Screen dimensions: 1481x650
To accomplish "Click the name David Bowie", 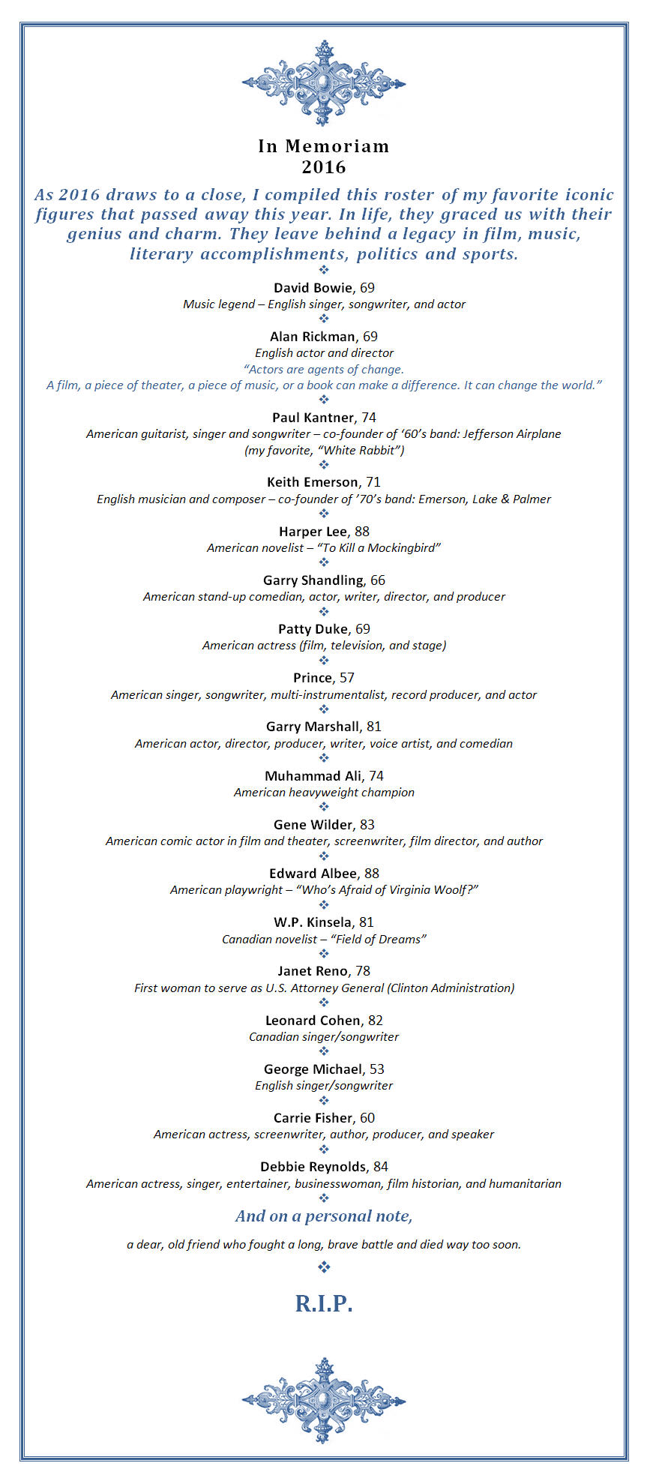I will click(x=312, y=288).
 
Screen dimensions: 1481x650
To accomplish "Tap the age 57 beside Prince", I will click(x=346, y=678).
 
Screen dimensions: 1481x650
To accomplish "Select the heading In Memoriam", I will click(x=324, y=146).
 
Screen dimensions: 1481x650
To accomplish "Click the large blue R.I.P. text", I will click(x=324, y=1303).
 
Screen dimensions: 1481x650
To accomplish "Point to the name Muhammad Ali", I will click(x=313, y=776).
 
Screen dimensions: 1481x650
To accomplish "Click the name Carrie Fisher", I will click(x=313, y=1118).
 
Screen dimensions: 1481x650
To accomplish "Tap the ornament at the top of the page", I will click(x=324, y=82).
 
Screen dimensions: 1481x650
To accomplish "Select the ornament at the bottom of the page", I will click(x=324, y=1400).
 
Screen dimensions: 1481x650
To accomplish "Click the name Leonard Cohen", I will click(x=313, y=1021).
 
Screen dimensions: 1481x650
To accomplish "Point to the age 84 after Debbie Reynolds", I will click(x=381, y=1167).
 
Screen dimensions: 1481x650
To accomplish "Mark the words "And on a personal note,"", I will click(x=324, y=1216).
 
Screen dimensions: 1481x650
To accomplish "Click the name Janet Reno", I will click(x=313, y=971).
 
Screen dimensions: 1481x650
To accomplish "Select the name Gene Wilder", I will click(x=313, y=825).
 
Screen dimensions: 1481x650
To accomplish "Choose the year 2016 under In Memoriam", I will click(x=324, y=167).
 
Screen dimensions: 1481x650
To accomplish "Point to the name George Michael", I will click(x=313, y=1069).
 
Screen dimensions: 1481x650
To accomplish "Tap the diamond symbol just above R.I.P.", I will click(x=324, y=1267).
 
